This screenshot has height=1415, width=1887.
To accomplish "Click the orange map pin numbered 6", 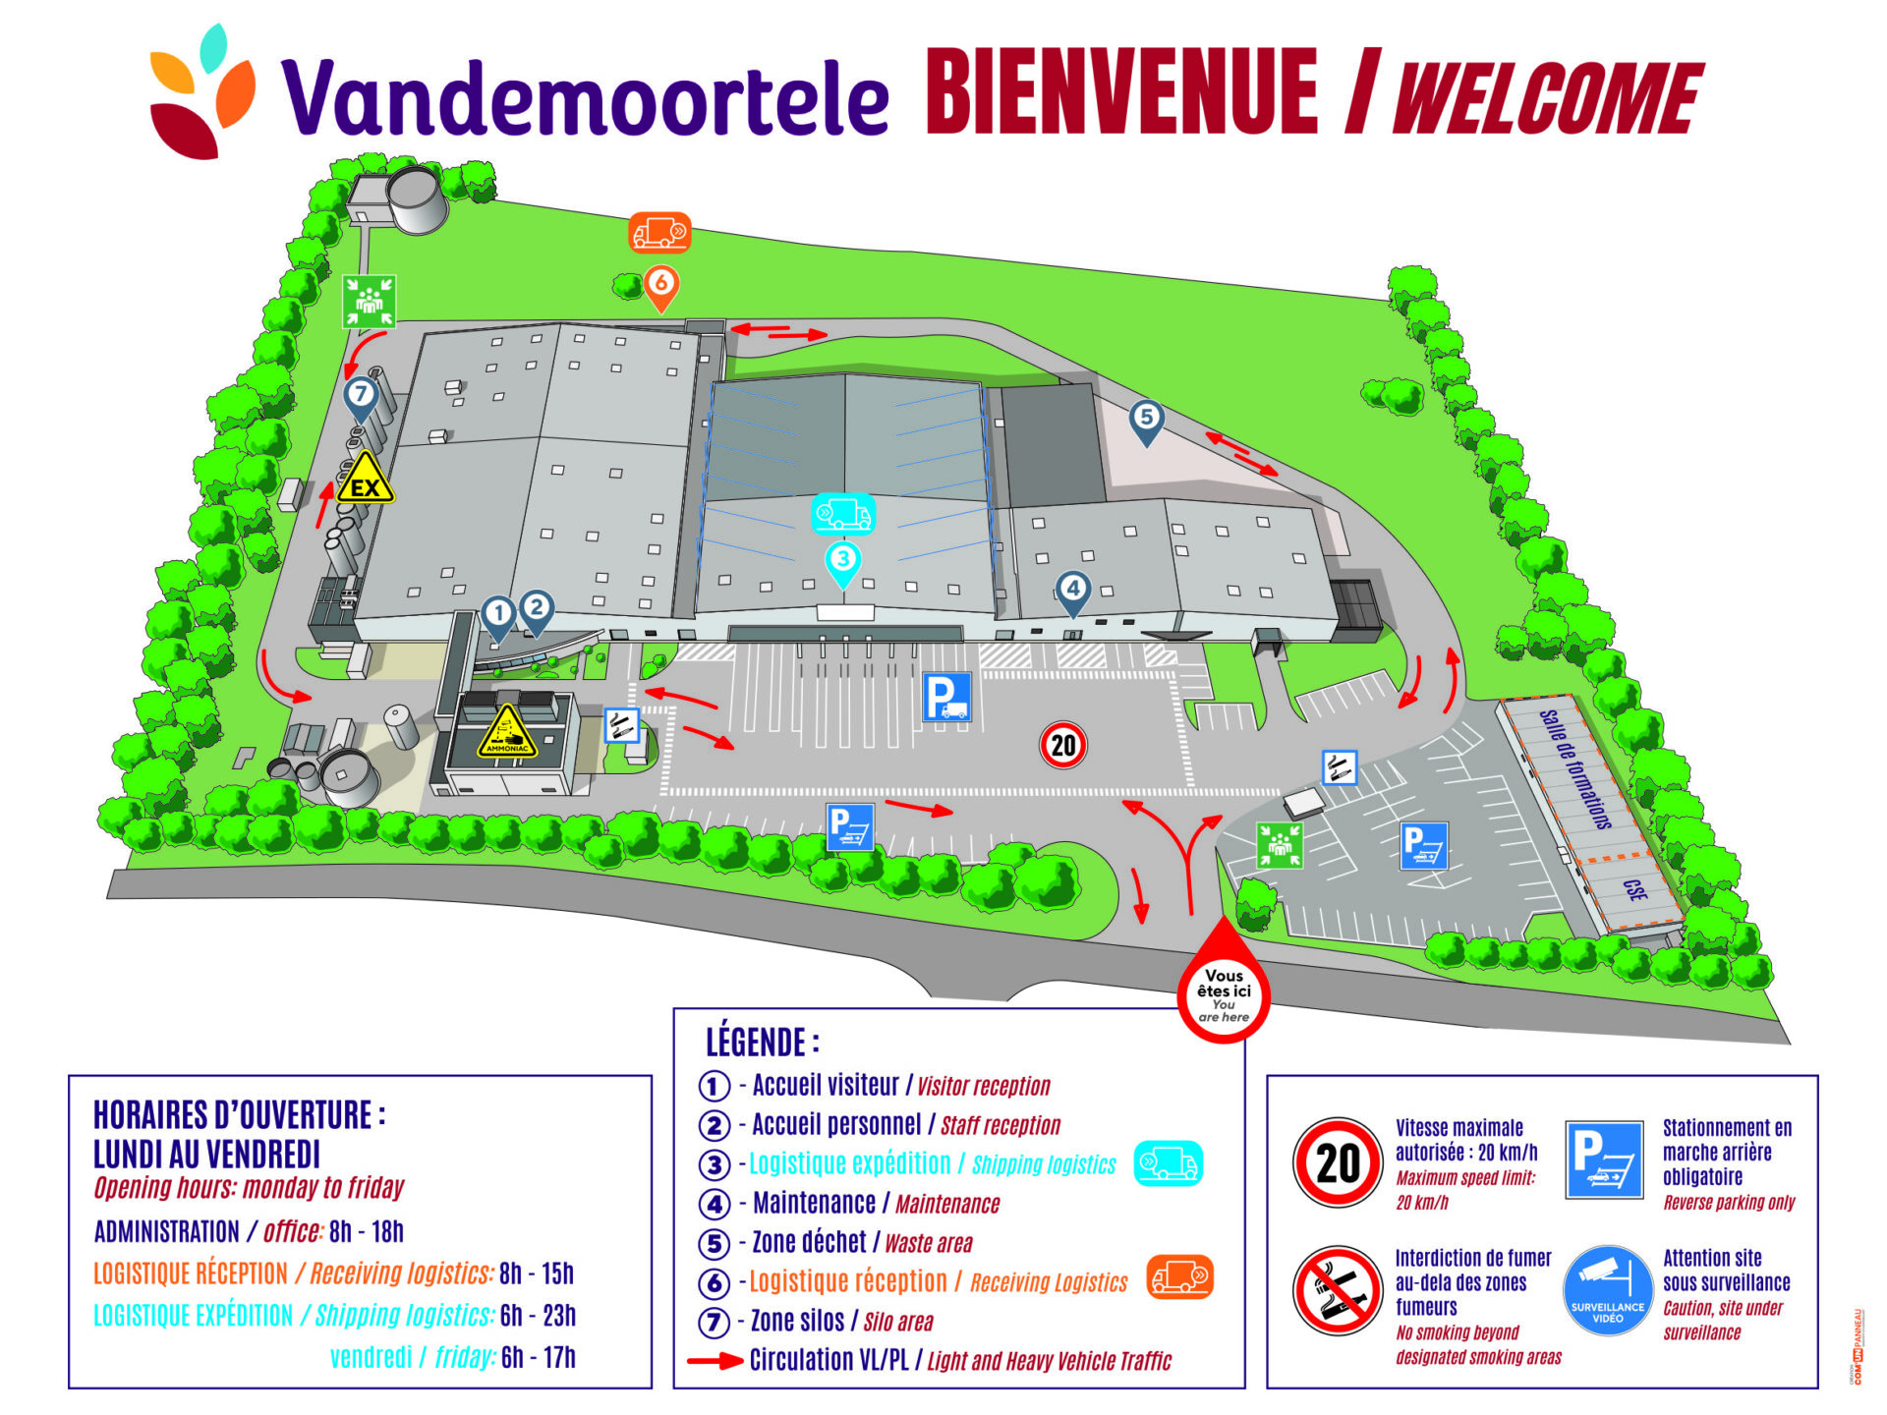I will (661, 285).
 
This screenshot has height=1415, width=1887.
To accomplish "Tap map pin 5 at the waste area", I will (1146, 419).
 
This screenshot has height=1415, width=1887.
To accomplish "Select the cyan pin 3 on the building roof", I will (842, 561).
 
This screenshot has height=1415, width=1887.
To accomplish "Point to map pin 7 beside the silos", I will (361, 396).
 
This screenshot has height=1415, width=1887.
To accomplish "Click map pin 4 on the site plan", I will (1072, 590).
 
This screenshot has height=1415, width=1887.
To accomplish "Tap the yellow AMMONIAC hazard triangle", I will (507, 733).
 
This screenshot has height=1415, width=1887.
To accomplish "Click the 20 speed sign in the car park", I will (1063, 745).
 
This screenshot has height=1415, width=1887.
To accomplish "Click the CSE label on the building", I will (1634, 890).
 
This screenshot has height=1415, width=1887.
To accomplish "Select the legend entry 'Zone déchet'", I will (809, 1243).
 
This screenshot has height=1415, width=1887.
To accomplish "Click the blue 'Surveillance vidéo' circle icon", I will (1607, 1290).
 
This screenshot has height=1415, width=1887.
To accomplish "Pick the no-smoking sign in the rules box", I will (1337, 1290).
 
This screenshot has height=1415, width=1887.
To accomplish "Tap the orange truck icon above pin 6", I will (659, 233).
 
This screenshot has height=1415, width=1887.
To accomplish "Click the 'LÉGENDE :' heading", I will (763, 1042).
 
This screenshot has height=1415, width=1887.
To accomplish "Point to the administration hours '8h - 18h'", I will (367, 1232).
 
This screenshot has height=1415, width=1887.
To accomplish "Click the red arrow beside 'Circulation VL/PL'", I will (715, 1362).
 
